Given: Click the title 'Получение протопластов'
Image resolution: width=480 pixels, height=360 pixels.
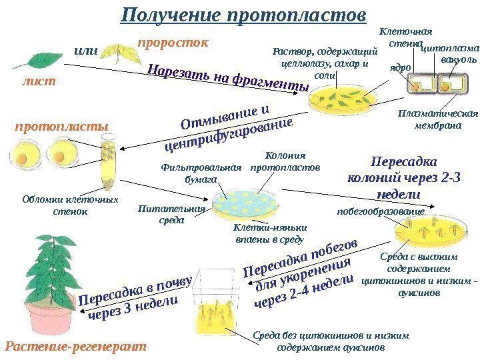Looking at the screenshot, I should point(244,15).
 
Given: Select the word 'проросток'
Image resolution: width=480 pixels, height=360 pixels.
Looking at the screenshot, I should point(173,43).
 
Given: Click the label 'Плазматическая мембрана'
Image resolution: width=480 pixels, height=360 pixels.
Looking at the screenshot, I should point(429,118).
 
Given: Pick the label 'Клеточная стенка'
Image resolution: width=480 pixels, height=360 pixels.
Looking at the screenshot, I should point(405,37).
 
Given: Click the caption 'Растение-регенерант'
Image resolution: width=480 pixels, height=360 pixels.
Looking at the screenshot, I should point(75,347).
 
